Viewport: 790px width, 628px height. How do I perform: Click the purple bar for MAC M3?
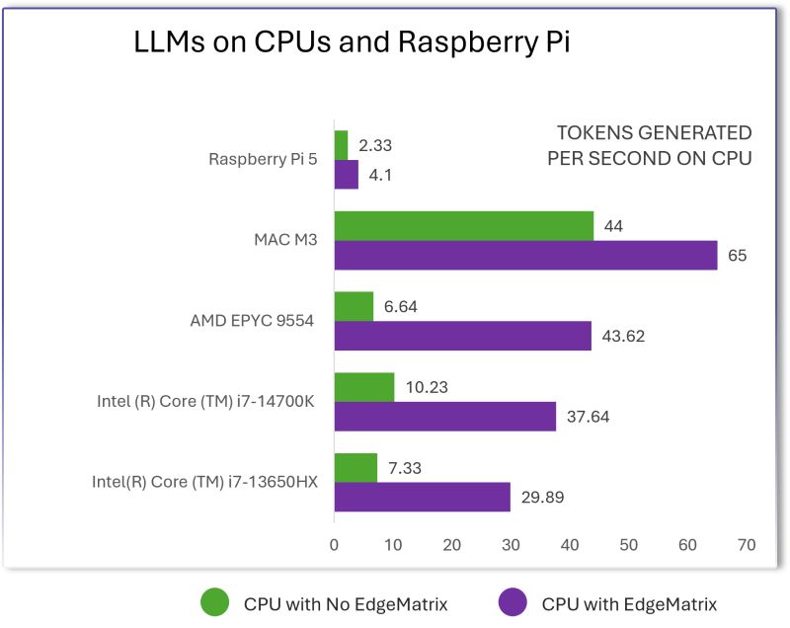click(x=525, y=256)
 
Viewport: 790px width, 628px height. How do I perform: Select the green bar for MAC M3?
click(x=464, y=226)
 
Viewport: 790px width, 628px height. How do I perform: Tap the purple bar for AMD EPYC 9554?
click(x=462, y=336)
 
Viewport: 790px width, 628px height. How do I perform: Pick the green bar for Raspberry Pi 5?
click(x=341, y=145)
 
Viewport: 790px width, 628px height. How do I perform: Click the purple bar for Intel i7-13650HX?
click(x=422, y=497)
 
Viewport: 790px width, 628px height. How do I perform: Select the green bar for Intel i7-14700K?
click(x=364, y=387)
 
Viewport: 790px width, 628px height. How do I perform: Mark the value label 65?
click(x=738, y=256)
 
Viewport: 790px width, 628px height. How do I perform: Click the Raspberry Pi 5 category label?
click(x=263, y=159)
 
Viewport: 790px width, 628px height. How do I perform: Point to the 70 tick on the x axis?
click(x=746, y=545)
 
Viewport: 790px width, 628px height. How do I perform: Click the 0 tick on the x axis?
click(x=335, y=545)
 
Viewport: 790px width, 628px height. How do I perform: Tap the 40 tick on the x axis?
click(x=570, y=545)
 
